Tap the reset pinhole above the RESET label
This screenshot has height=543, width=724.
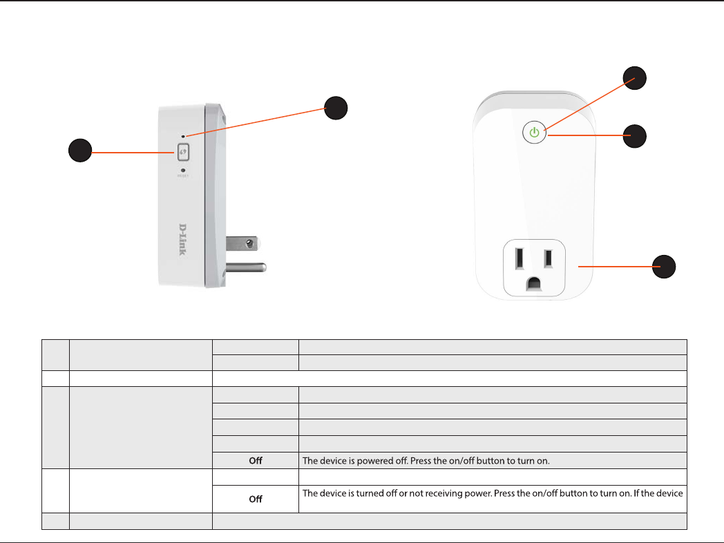(183, 169)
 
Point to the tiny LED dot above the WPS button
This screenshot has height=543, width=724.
(183, 136)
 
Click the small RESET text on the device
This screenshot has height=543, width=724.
(183, 176)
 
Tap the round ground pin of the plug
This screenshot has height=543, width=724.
(245, 267)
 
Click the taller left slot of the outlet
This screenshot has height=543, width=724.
(517, 258)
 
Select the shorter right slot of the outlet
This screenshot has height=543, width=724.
(548, 258)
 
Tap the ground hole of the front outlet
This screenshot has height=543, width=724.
(533, 283)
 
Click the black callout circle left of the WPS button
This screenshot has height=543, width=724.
(80, 151)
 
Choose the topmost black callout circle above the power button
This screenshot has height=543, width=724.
(635, 77)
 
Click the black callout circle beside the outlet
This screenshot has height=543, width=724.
(665, 265)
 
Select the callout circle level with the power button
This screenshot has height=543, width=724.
(635, 136)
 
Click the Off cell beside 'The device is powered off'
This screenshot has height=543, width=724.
(255, 461)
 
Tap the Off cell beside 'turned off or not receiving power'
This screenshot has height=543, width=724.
(255, 499)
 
